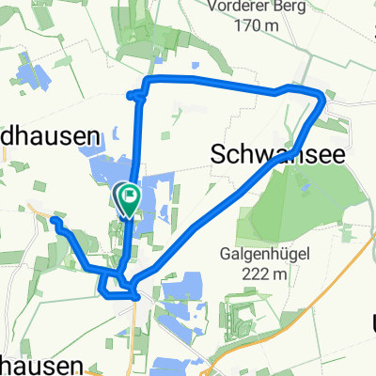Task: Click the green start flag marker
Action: coord(127,196)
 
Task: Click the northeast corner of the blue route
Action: coord(323,97)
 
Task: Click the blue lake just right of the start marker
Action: coord(155,193)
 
